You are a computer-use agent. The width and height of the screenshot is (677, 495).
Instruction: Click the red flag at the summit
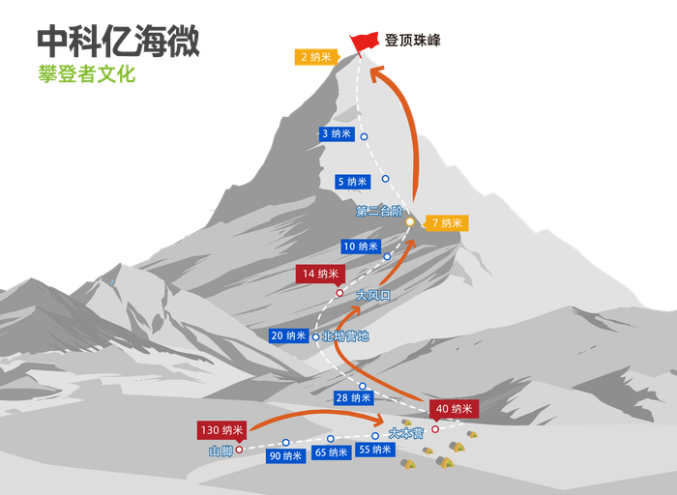pyautogui.click(x=365, y=42)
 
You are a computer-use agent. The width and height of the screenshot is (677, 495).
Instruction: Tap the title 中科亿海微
pyautogui.click(x=119, y=41)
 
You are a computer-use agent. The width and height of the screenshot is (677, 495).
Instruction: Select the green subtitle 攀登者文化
pyautogui.click(x=87, y=73)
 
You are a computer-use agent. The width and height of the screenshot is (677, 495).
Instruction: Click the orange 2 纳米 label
pyautogui.click(x=316, y=57)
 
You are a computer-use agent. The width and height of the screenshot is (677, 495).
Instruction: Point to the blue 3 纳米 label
pyautogui.click(x=337, y=134)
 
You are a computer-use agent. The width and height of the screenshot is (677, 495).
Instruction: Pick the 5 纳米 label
pyautogui.click(x=352, y=182)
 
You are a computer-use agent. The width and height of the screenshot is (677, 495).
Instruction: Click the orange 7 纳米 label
pyautogui.click(x=447, y=223)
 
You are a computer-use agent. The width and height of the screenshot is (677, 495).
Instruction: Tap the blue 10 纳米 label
pyautogui.click(x=362, y=247)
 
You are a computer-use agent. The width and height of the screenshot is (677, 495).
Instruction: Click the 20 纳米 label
pyautogui.click(x=289, y=335)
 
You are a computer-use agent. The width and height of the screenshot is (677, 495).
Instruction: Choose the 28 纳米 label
pyautogui.click(x=353, y=397)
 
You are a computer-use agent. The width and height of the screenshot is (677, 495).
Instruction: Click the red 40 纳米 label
pyautogui.click(x=454, y=409)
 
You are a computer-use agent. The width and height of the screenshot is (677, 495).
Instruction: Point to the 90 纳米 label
pyautogui.click(x=286, y=456)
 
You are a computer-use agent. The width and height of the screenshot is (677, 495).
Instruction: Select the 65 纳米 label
pyautogui.click(x=332, y=452)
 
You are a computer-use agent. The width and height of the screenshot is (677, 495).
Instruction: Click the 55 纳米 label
pyautogui.click(x=375, y=450)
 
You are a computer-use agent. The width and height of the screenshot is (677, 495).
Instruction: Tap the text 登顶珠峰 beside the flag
pyautogui.click(x=413, y=41)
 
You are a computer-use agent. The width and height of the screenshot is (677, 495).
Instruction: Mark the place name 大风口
pyautogui.click(x=372, y=296)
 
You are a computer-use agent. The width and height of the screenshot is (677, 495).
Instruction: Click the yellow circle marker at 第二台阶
pyautogui.click(x=409, y=222)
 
